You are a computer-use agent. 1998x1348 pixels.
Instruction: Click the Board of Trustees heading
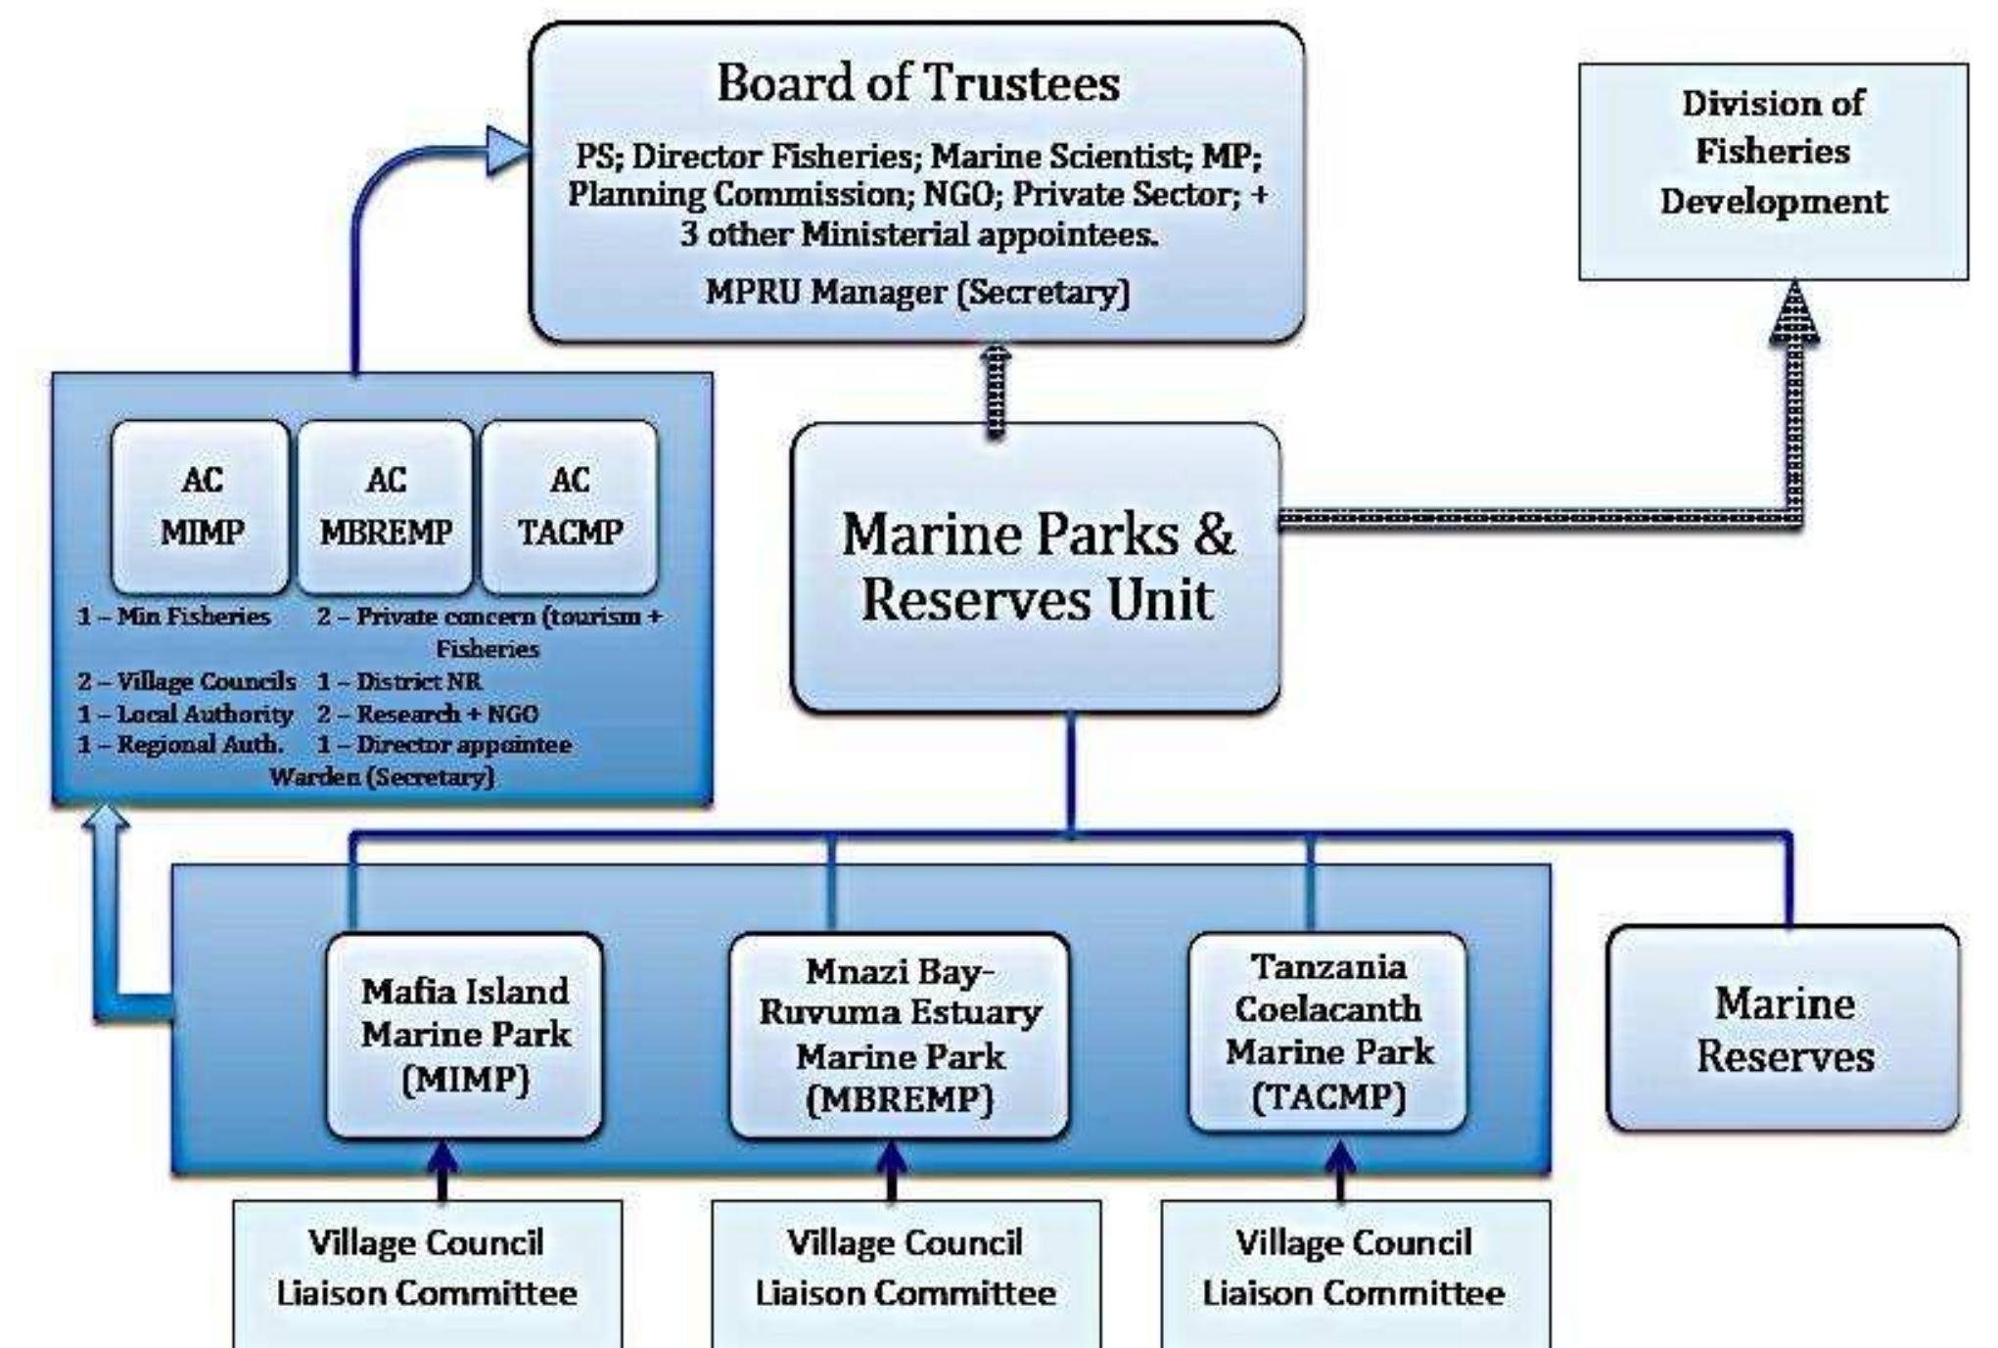917,82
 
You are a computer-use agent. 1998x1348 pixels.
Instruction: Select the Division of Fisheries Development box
1772,170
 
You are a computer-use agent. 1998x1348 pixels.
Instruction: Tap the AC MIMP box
201,506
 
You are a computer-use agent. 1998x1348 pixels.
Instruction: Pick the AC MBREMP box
386,506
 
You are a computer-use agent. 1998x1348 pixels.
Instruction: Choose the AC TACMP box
570,506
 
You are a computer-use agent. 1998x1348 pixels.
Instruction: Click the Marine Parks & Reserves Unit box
1036,568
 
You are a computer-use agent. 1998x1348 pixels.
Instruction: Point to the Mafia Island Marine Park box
465,1035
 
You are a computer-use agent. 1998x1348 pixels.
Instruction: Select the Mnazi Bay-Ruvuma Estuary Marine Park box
900,1035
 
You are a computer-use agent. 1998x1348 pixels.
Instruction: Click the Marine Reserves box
1784,1029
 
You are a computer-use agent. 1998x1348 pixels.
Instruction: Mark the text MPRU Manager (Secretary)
917,293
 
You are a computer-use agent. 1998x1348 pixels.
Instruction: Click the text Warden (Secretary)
382,777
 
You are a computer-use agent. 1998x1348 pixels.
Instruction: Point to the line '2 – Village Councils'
186,681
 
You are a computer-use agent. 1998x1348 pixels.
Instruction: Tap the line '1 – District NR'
399,681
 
